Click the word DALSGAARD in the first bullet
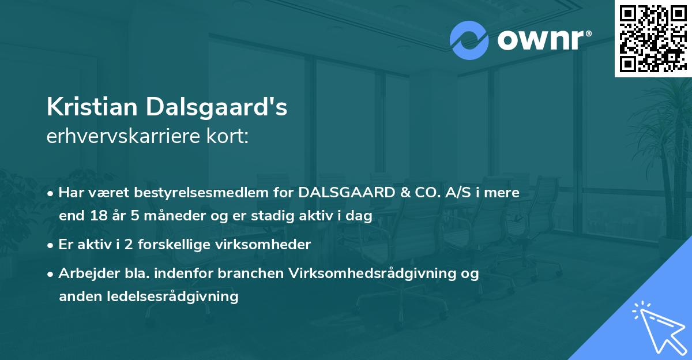tap(346, 193)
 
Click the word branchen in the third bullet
tap(254, 273)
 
